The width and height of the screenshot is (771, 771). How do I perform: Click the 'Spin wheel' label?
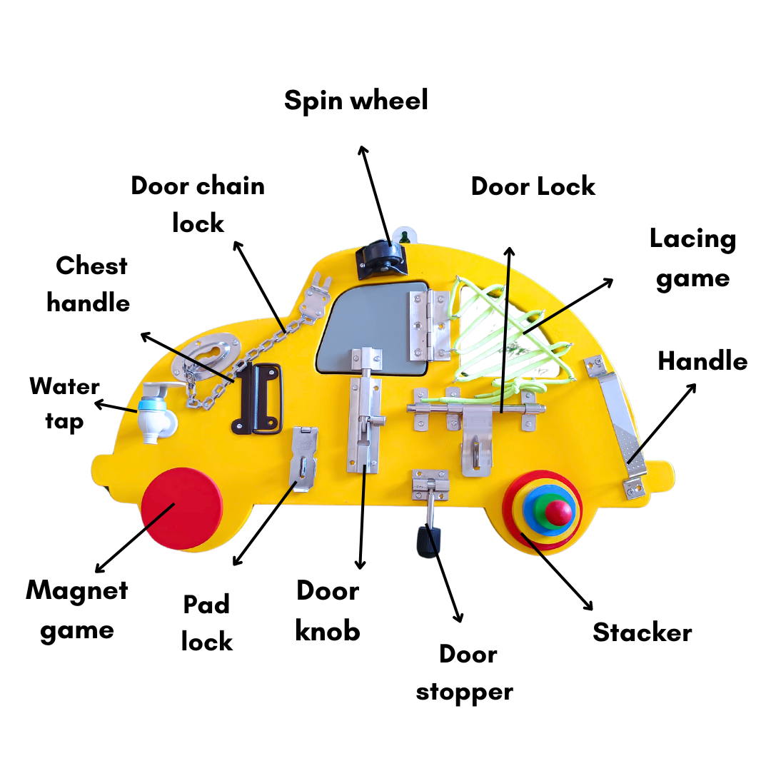click(x=356, y=101)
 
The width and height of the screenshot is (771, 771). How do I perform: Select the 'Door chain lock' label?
click(x=198, y=204)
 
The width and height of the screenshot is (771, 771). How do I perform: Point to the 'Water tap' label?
click(x=64, y=404)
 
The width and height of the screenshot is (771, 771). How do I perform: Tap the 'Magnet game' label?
click(x=77, y=610)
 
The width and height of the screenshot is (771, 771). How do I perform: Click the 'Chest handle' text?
click(x=89, y=284)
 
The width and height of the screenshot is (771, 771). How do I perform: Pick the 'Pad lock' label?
click(x=206, y=623)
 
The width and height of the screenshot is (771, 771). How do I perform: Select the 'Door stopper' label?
click(x=465, y=672)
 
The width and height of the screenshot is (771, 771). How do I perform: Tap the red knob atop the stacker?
click(x=558, y=511)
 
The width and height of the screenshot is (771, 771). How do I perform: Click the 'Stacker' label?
click(x=642, y=633)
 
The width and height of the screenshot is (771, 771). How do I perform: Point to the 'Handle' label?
click(x=702, y=361)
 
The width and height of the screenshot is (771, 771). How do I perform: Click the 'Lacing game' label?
click(x=692, y=258)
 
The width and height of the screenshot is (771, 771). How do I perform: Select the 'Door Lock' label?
click(x=533, y=186)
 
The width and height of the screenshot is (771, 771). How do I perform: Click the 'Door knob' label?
click(x=328, y=610)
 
